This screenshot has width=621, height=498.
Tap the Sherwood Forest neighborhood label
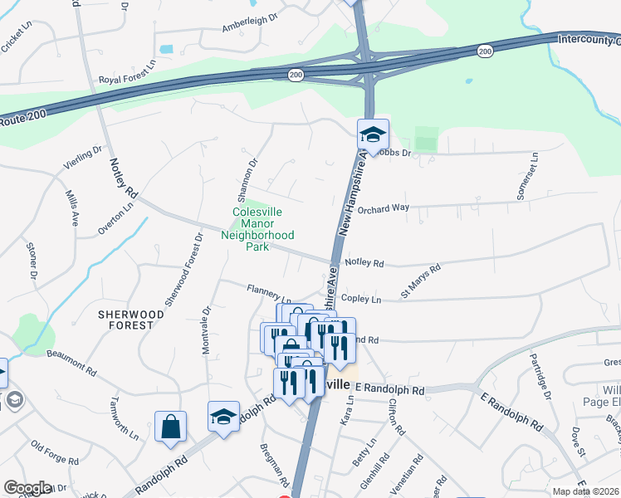pos(126,320)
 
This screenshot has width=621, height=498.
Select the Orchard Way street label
pos(389,207)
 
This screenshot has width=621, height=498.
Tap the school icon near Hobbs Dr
pos(373,134)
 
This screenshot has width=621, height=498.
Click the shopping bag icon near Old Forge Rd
pos(170,427)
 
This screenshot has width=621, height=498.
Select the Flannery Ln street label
pos(269,292)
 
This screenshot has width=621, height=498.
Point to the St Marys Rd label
pos(420,281)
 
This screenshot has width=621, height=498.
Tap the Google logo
pos(27,487)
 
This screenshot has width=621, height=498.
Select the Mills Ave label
pos(71,208)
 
